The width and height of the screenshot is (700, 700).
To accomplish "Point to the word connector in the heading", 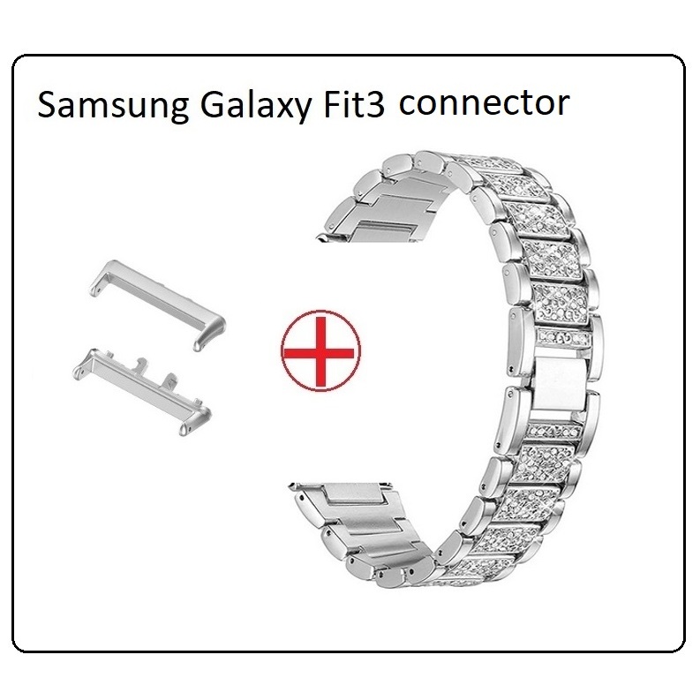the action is pyautogui.click(x=485, y=104).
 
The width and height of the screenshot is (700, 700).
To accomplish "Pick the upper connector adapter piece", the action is pyautogui.click(x=158, y=304).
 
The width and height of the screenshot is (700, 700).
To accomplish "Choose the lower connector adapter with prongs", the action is pyautogui.click(x=140, y=391).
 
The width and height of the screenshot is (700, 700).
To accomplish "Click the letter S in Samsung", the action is pyautogui.click(x=49, y=105).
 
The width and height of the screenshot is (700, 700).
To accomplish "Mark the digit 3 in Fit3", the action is pyautogui.click(x=375, y=104).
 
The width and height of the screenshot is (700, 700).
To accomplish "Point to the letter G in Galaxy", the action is pyautogui.click(x=213, y=105).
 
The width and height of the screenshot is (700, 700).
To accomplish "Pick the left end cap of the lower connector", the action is pyautogui.click(x=84, y=363).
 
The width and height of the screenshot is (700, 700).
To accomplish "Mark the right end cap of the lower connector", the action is pyautogui.click(x=194, y=420).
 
